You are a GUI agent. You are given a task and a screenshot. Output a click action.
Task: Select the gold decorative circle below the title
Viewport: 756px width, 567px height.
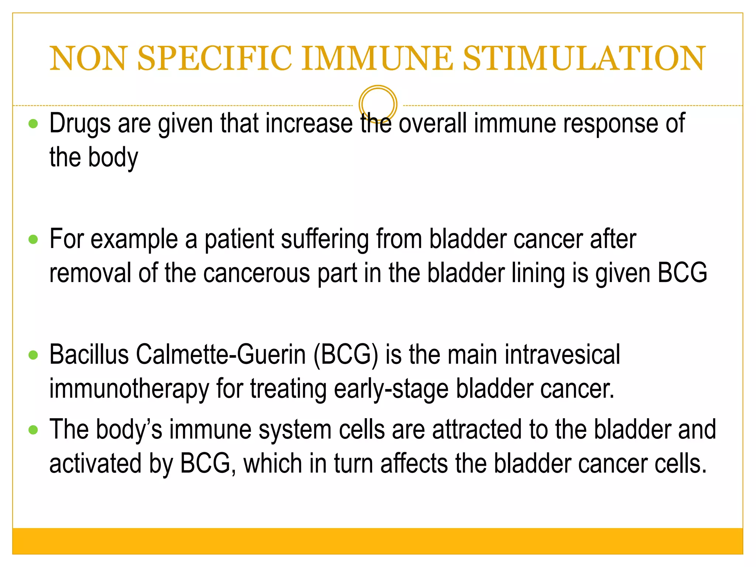click(378, 104)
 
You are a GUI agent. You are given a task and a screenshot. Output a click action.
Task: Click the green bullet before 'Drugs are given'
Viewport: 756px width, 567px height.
click(33, 124)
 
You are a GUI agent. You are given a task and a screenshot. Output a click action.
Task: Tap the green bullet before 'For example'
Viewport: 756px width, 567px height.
click(33, 240)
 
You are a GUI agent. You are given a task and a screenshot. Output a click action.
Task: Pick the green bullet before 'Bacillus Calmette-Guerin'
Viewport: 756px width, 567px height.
click(33, 355)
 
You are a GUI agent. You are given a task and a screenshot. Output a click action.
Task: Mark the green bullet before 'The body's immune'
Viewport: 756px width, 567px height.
click(33, 430)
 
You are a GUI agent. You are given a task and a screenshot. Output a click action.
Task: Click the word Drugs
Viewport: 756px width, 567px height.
click(80, 124)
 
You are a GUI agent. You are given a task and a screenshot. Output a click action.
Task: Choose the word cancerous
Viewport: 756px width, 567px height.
click(257, 274)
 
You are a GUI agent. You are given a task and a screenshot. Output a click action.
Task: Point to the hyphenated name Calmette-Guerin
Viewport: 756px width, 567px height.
click(221, 355)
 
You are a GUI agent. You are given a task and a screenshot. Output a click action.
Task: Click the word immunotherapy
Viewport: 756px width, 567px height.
click(129, 389)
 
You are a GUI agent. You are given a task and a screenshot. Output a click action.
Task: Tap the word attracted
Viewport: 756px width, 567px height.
click(477, 430)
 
